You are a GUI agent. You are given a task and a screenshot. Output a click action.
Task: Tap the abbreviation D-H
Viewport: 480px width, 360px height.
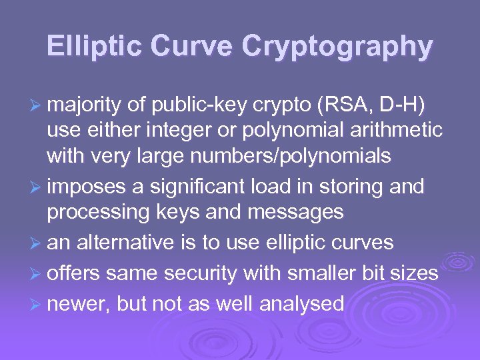[x=402, y=105]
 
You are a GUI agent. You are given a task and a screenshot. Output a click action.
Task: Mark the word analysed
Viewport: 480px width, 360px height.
[x=301, y=304]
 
